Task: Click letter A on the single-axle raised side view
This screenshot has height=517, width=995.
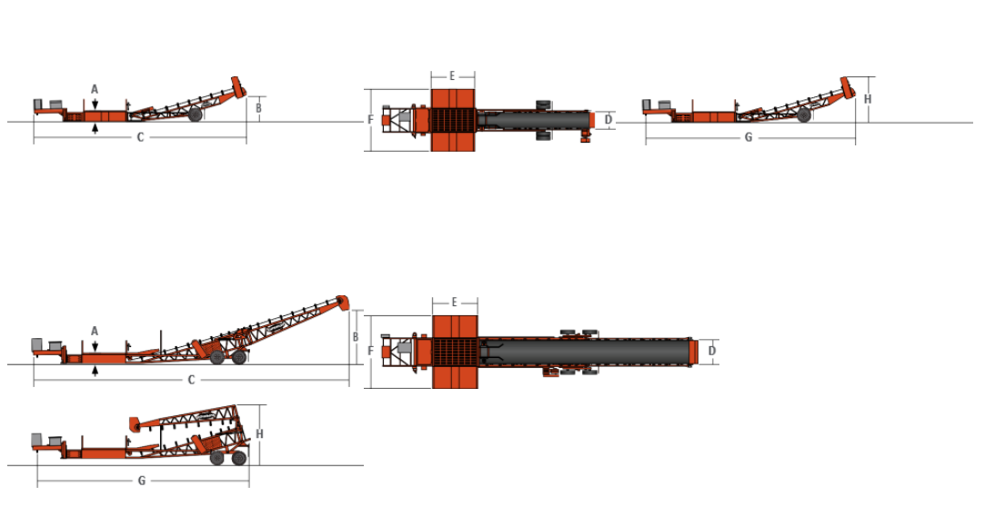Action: (95, 89)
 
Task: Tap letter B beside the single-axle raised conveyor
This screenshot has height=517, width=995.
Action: (258, 108)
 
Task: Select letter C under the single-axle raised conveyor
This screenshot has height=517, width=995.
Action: (140, 137)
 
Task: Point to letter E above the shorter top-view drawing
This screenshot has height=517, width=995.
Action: (452, 76)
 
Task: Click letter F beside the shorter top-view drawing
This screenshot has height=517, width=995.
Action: (370, 120)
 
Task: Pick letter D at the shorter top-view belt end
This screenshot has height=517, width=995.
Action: (608, 120)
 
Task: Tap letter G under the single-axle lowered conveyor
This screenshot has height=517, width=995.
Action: (749, 137)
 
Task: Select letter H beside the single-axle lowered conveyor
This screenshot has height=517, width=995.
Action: (868, 99)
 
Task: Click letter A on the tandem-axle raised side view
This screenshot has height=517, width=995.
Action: (95, 332)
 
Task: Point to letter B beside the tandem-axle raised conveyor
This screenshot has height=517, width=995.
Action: (356, 337)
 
